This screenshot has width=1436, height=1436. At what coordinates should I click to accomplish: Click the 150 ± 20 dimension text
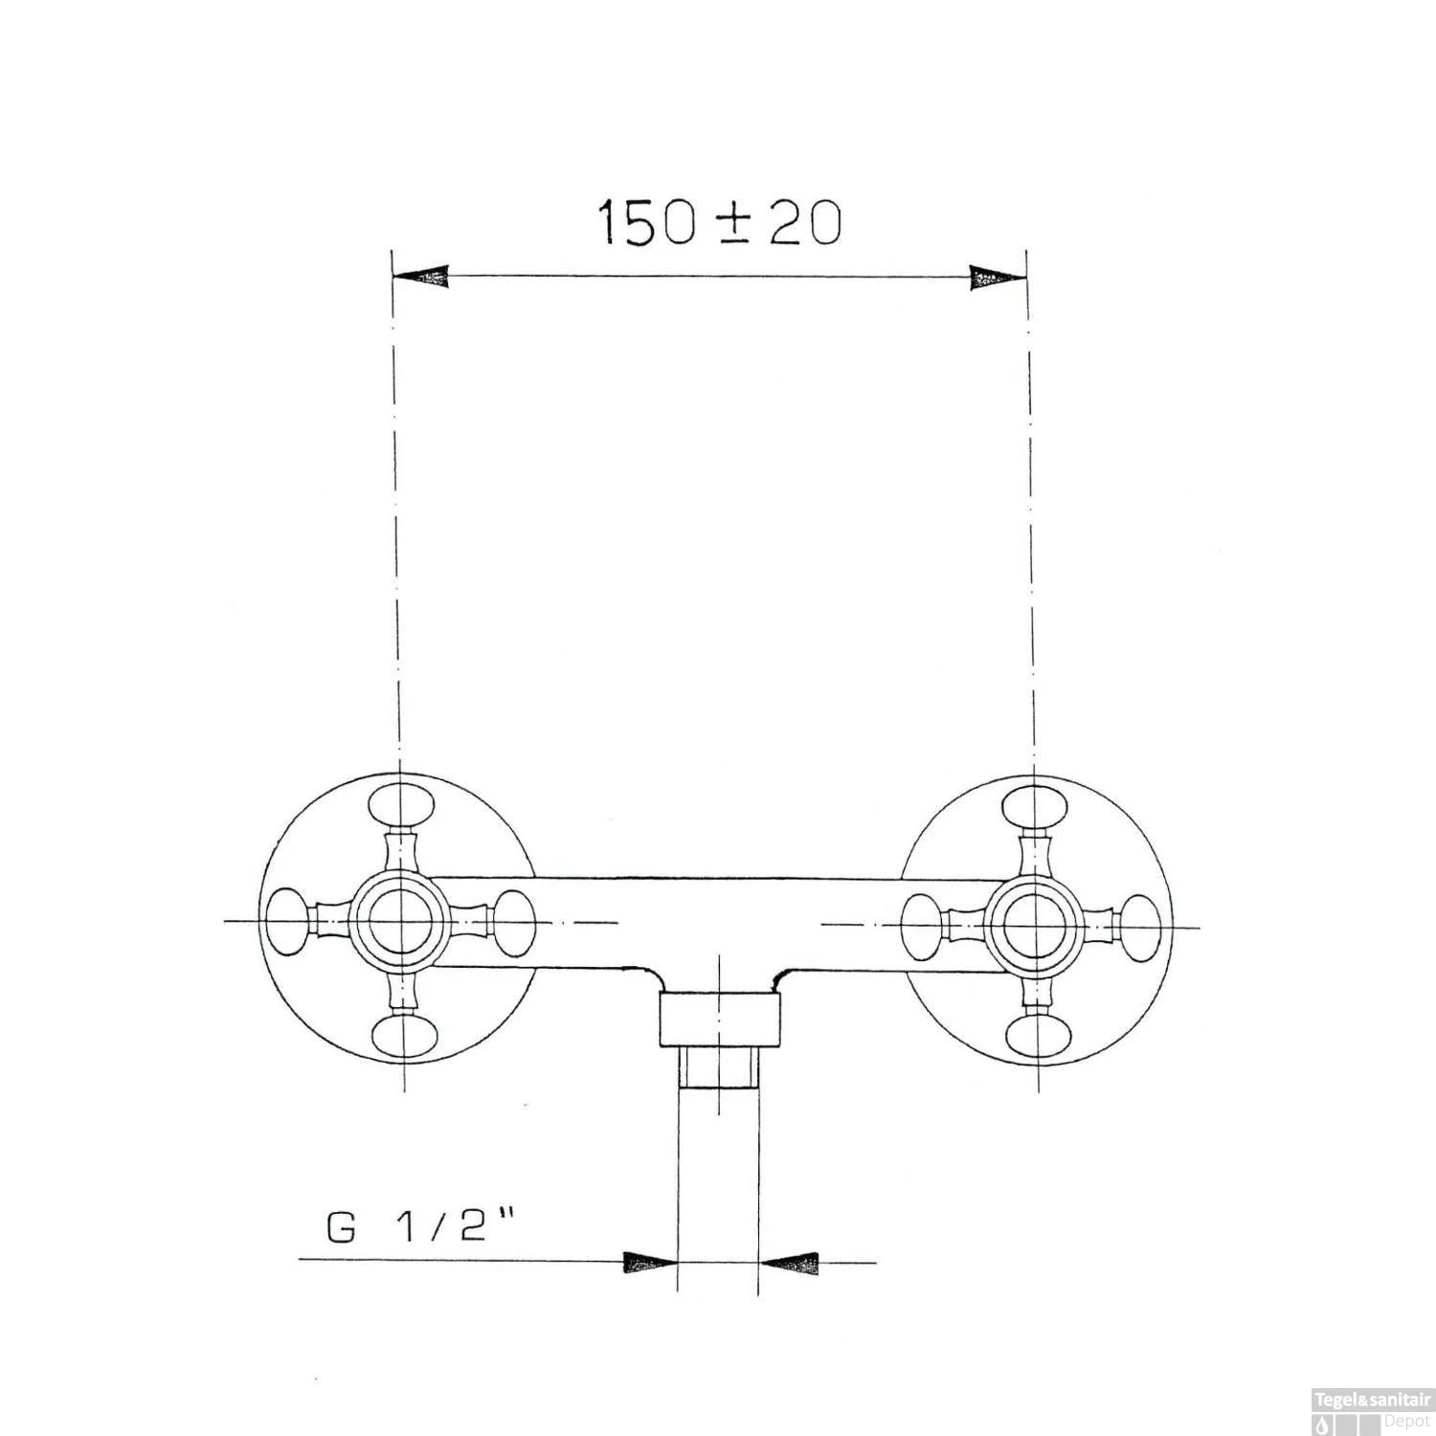(x=720, y=223)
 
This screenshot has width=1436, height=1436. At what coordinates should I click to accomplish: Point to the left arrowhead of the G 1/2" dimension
(x=650, y=1262)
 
